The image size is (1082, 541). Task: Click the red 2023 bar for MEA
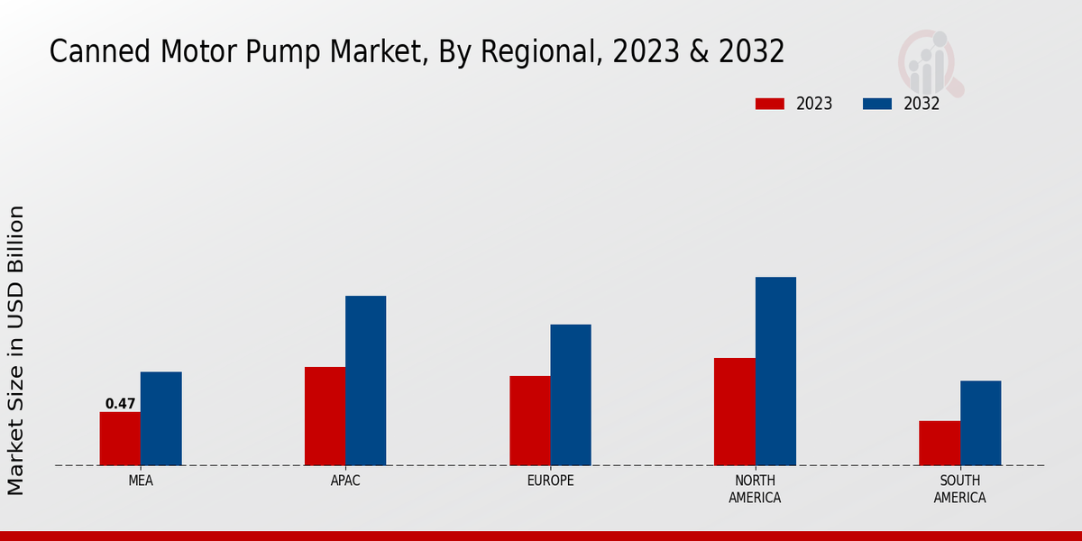120,439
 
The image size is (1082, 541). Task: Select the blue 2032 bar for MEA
160,418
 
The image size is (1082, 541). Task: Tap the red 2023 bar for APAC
325,417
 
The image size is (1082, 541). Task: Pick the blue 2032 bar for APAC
365,381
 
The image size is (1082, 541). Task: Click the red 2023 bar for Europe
529,421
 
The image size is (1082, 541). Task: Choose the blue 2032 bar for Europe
571,395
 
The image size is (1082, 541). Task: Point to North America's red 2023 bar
734,412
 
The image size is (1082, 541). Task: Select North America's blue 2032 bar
775,371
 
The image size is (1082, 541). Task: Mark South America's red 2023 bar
940,444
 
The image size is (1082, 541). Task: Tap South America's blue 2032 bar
980,423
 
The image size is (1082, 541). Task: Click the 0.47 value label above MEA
120,404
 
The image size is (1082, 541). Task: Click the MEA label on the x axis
141,481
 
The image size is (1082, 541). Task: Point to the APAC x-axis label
345,481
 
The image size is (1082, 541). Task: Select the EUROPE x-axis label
550,481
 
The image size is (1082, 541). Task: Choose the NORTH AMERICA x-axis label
755,489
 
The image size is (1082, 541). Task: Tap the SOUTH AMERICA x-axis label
959,489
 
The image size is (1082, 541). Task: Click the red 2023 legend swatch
769,104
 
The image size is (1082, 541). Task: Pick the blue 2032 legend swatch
877,104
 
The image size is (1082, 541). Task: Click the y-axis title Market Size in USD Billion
16,350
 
